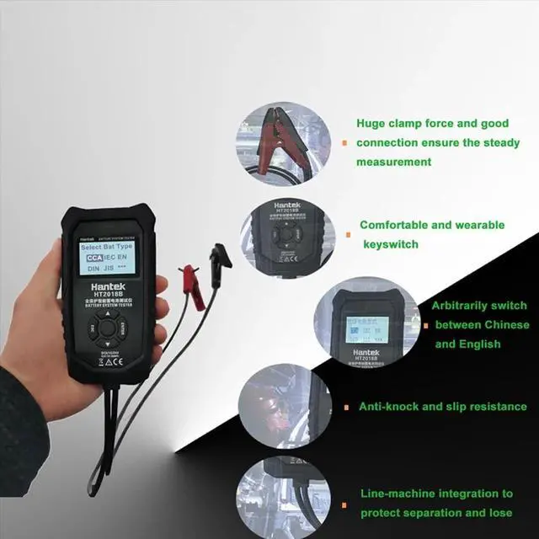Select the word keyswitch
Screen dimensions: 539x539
tap(390, 244)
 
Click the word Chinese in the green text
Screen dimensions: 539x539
tap(504, 324)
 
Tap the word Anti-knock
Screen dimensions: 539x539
tap(390, 407)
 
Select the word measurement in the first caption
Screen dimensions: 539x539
tap(393, 162)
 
